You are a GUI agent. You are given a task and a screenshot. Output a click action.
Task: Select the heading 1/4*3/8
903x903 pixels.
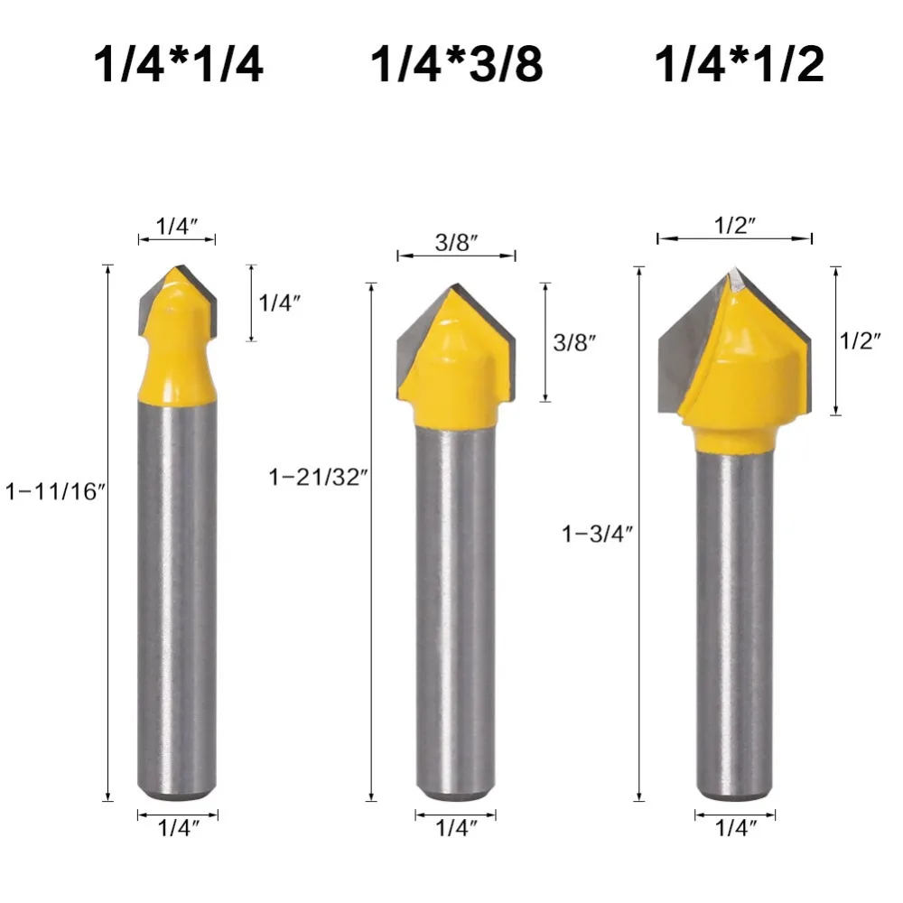tap(457, 65)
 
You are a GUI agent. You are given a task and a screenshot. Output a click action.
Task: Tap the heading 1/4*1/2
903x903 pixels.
tap(740, 65)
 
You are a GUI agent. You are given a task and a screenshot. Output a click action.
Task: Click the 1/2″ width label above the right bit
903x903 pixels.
tap(734, 226)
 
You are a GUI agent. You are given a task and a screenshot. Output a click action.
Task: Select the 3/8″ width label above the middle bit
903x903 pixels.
tap(456, 243)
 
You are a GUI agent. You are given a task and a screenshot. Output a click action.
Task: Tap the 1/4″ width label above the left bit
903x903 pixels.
tap(177, 228)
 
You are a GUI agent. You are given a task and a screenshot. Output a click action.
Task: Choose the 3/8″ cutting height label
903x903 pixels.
tap(574, 342)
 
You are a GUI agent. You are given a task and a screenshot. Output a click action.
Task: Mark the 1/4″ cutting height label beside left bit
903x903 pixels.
tap(280, 303)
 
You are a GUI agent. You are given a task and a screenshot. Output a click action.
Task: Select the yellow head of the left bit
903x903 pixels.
tap(177, 352)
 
